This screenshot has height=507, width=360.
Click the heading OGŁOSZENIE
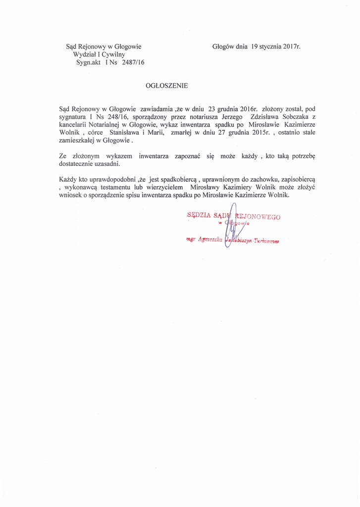point(167,85)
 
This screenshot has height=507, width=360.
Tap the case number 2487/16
point(129,62)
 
